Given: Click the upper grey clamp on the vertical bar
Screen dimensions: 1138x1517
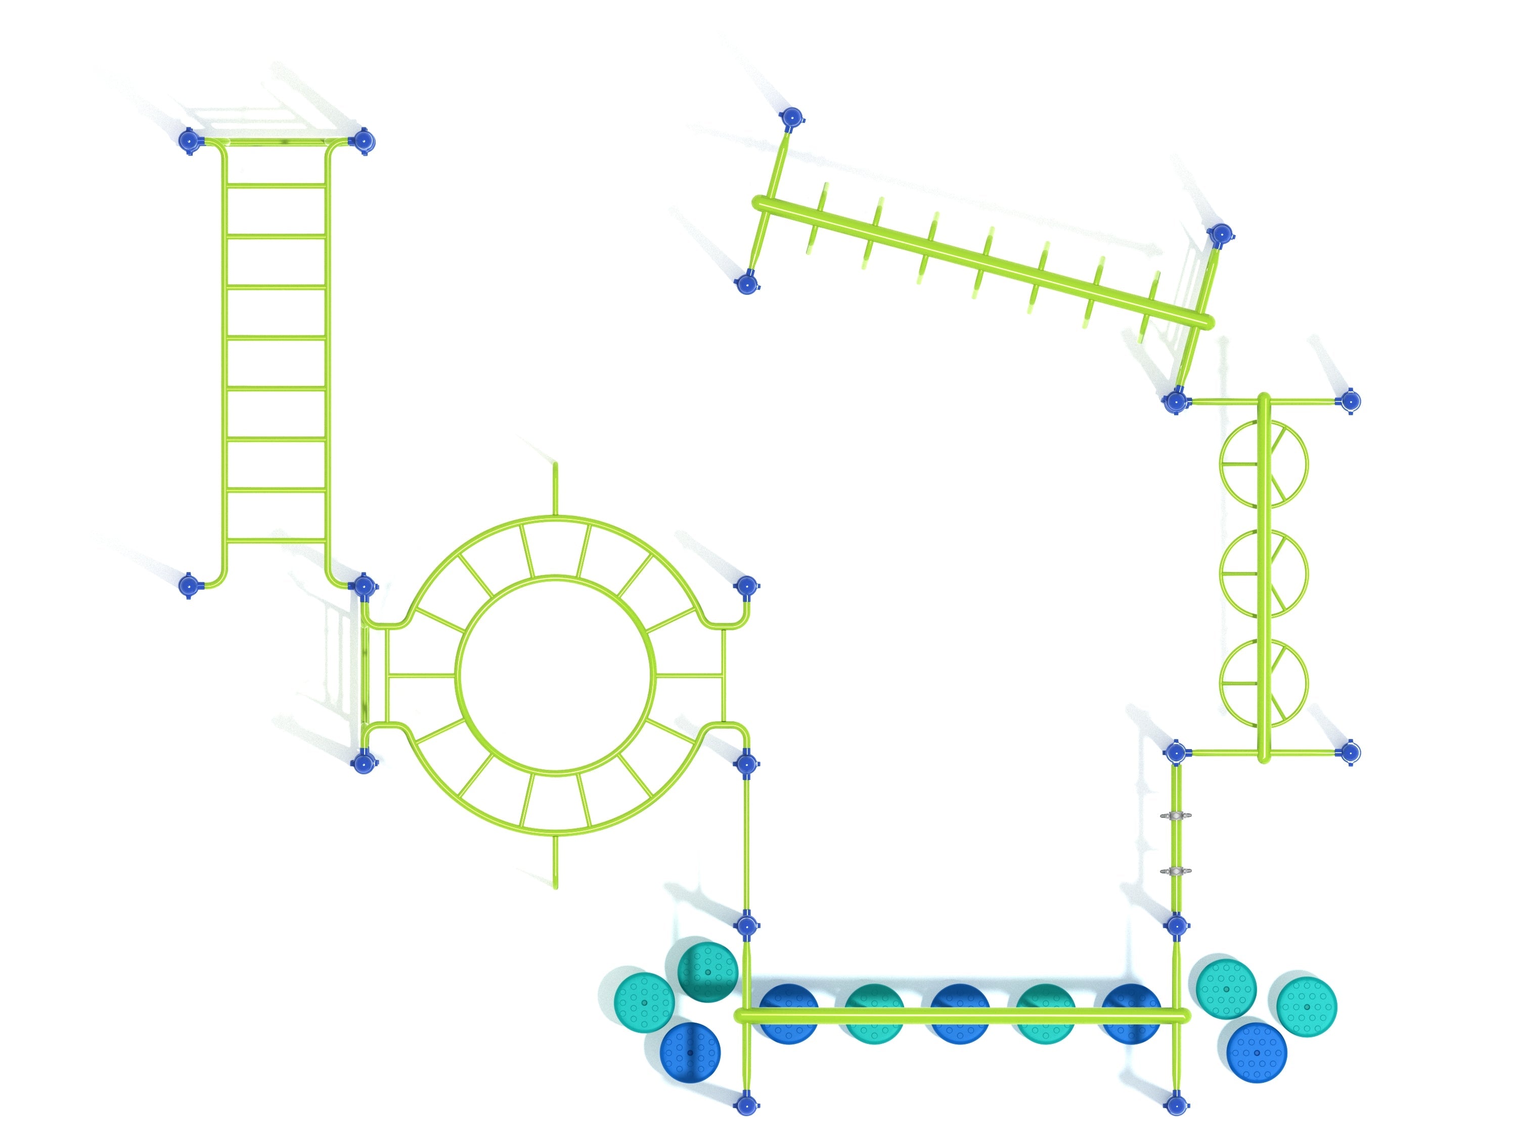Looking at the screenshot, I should (x=1176, y=816).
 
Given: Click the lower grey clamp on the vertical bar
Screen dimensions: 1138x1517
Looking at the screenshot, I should (x=1176, y=871).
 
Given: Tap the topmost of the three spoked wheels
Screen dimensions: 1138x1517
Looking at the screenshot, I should (x=1263, y=464).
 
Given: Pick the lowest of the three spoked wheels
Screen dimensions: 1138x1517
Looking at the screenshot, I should (x=1263, y=683).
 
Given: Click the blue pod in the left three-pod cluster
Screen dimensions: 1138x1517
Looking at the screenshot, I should (x=690, y=1052).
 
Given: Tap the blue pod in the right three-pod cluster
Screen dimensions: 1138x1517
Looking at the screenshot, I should (x=1257, y=1052).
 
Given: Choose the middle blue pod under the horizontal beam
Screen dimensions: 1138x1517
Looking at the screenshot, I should (x=959, y=1014).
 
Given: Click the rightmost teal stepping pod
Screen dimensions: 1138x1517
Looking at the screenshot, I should (x=1307, y=1007).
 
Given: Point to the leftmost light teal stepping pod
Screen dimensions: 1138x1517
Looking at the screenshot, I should (x=643, y=1002).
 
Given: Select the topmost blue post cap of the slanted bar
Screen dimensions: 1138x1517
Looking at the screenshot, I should (x=791, y=118).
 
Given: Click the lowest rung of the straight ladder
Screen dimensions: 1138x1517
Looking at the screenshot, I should (x=276, y=490).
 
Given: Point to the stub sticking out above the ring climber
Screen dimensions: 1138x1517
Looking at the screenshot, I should (x=556, y=487).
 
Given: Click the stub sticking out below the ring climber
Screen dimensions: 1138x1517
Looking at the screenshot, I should (x=556, y=861).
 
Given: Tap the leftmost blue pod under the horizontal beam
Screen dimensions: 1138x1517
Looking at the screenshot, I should (x=789, y=1014).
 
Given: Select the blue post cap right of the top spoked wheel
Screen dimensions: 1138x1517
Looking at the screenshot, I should (x=1350, y=401).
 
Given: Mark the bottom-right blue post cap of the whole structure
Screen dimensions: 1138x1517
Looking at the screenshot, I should (x=1176, y=1105).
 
